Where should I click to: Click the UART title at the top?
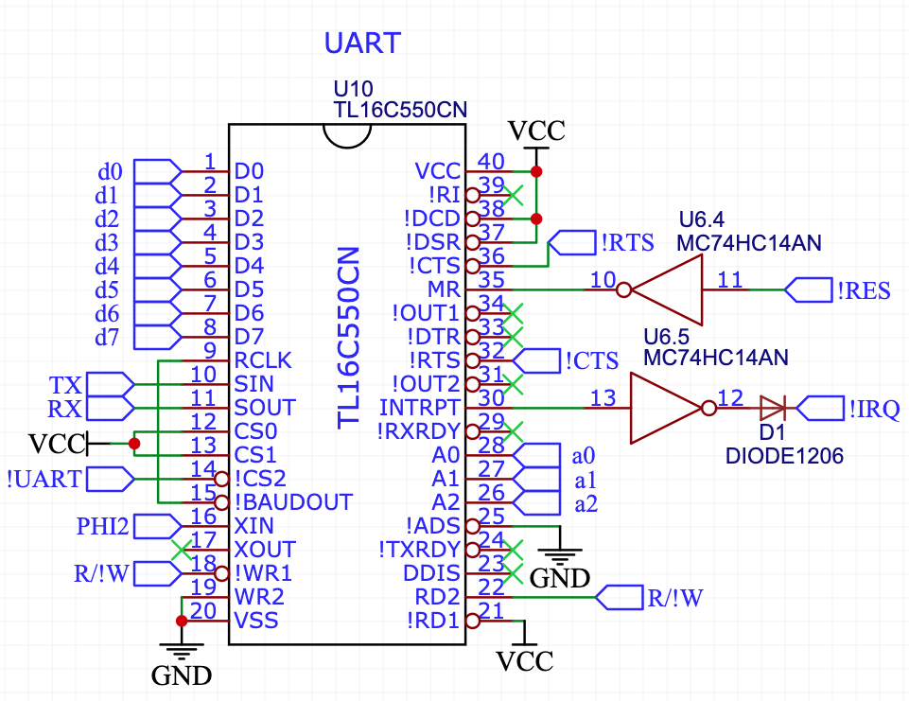(362, 44)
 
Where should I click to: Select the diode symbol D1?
(772, 409)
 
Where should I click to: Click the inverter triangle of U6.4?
(668, 290)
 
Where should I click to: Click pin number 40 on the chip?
(492, 161)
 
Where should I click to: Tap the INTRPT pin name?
(419, 408)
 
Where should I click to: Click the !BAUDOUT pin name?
(293, 502)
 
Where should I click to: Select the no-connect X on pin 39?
(515, 196)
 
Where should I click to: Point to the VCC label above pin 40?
(536, 130)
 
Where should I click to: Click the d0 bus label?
(110, 172)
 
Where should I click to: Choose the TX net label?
(65, 385)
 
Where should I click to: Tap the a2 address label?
(586, 503)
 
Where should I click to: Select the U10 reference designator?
(353, 89)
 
